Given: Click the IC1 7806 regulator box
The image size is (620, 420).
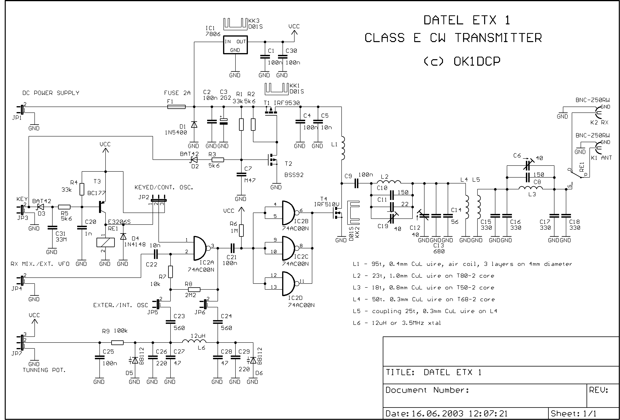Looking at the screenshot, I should tap(235, 45).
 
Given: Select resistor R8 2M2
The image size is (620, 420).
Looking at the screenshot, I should tap(194, 289).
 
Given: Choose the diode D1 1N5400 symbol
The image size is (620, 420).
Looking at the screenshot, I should tap(194, 124).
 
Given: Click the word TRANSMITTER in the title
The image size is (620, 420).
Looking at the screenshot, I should tap(498, 38).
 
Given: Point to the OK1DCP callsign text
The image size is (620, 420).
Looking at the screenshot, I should tap(477, 62).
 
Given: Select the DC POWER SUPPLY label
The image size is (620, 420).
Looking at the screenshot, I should tap(51, 93).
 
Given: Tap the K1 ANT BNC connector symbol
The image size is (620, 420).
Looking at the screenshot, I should tap(598, 147).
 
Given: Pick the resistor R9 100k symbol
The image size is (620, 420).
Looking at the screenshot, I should tap(117, 343).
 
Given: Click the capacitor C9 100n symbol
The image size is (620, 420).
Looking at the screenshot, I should tap(356, 183).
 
